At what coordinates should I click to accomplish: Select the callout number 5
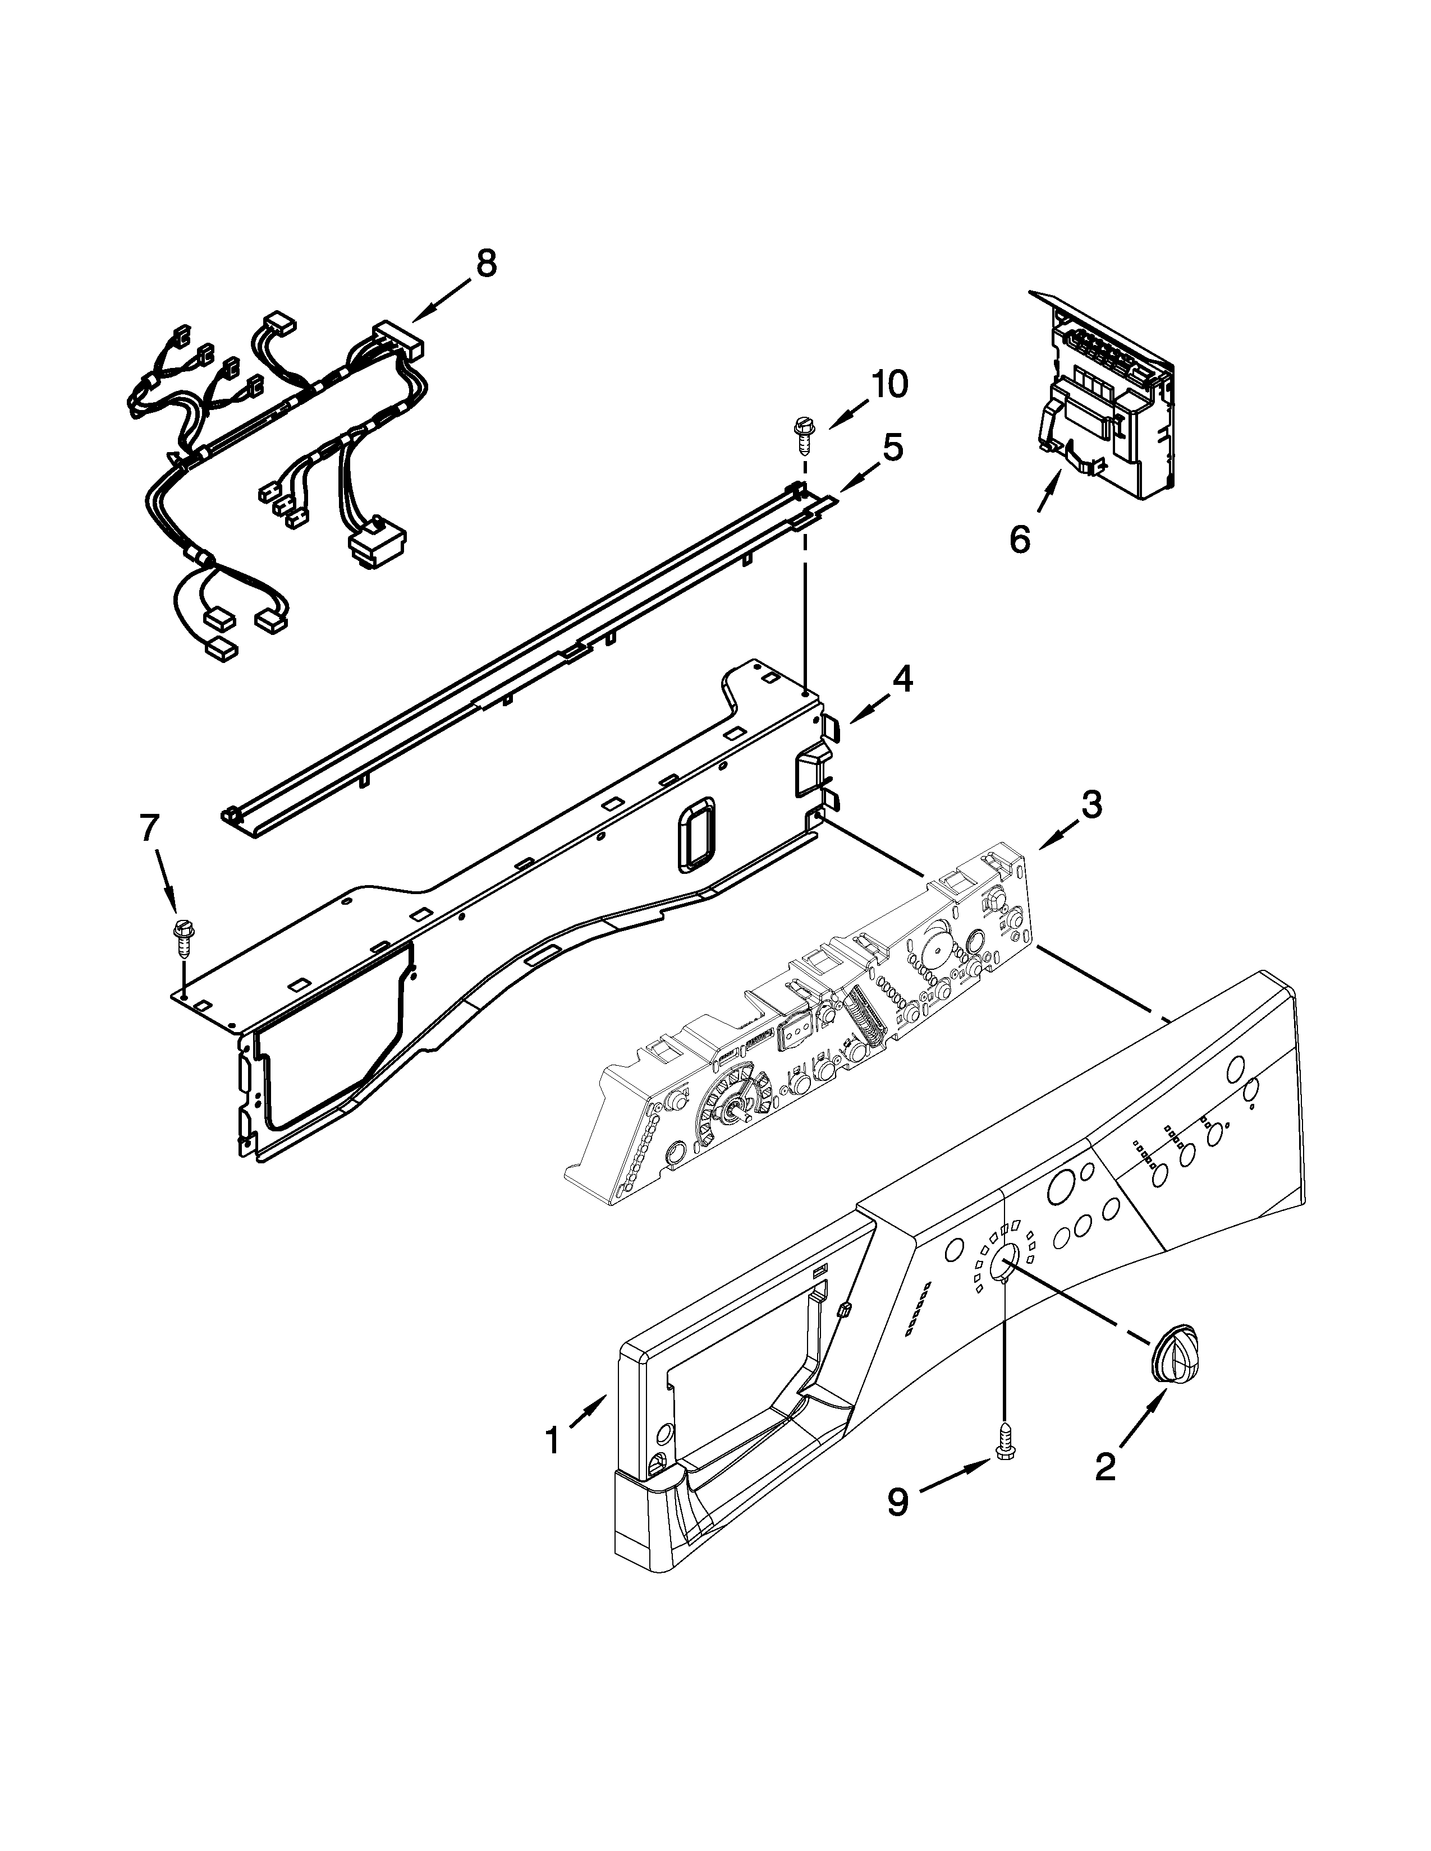point(892,448)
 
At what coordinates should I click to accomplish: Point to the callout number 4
point(903,678)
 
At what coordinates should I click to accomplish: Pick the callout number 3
point(1091,804)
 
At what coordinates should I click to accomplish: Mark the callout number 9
point(898,1503)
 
